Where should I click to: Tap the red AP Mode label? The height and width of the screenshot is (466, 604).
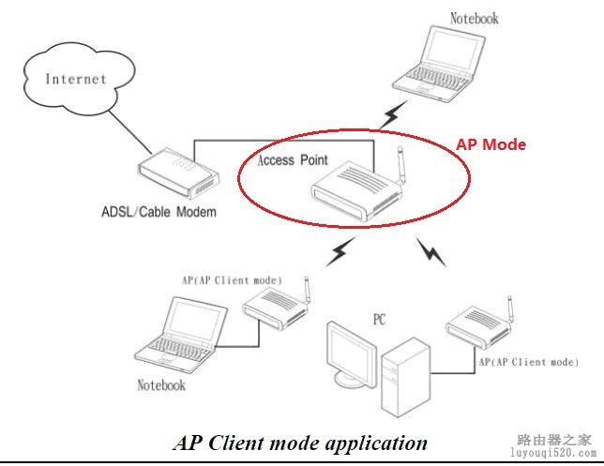(x=491, y=145)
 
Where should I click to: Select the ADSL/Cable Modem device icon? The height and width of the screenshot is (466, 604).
(x=177, y=176)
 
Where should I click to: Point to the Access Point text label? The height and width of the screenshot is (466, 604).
(x=293, y=160)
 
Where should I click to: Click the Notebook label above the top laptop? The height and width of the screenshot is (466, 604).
(x=474, y=18)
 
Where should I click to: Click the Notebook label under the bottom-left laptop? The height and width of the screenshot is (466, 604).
(x=161, y=385)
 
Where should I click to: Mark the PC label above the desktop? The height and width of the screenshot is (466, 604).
(x=379, y=320)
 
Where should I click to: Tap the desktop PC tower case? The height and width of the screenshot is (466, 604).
(x=406, y=376)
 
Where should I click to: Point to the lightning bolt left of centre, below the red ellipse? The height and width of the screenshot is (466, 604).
(x=340, y=251)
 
